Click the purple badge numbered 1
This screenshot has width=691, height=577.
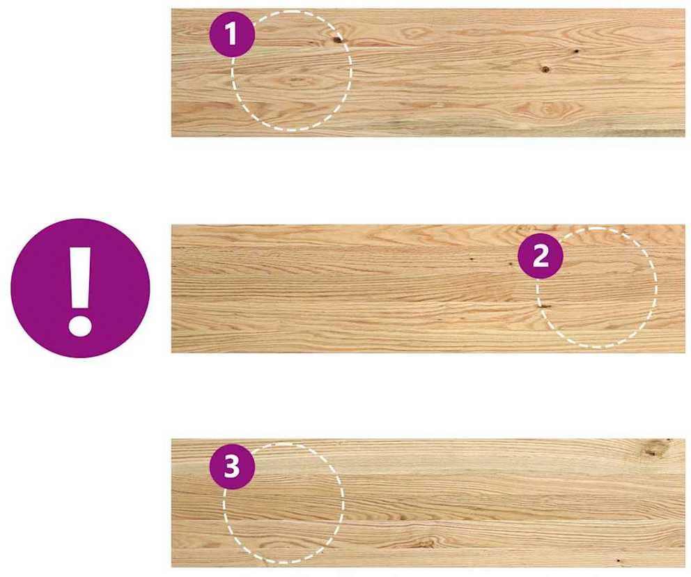point(232,34)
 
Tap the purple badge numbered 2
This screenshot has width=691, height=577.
point(541,256)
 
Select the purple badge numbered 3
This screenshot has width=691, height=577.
point(232,466)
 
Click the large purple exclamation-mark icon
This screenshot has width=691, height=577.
point(80,288)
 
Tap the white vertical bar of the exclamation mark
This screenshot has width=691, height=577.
point(80,278)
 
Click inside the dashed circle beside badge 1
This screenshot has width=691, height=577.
point(291,79)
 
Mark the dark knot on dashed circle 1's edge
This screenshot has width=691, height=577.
point(338,40)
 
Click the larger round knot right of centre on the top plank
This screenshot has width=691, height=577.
point(545,69)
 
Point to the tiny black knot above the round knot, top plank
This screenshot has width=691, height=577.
point(575,51)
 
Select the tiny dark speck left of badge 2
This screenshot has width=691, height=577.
point(472,259)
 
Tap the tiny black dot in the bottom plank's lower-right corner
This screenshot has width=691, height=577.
point(618,560)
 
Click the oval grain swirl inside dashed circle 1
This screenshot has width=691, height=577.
point(295,81)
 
